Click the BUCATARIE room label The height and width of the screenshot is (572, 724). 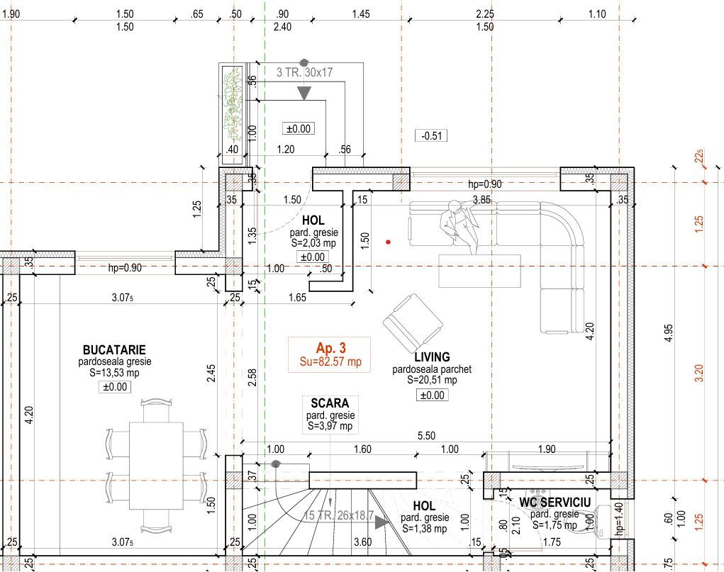(114, 349)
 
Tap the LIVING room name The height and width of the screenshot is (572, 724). (432, 357)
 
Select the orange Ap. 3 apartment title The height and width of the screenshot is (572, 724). (330, 347)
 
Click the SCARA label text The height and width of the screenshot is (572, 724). (330, 403)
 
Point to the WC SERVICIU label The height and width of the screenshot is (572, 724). (555, 503)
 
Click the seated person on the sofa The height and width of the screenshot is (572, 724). (459, 227)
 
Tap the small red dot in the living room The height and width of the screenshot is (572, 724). (389, 242)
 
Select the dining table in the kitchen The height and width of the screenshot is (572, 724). (156, 466)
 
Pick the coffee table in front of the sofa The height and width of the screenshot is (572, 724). (480, 271)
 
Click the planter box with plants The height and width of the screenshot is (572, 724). (233, 114)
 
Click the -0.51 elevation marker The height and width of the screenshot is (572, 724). (431, 135)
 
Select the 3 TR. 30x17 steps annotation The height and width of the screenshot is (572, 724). (304, 72)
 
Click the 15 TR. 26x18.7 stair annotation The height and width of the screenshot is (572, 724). (338, 515)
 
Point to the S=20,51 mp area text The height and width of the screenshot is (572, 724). (432, 380)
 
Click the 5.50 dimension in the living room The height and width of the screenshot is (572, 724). (426, 435)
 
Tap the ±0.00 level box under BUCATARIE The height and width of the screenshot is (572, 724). (114, 387)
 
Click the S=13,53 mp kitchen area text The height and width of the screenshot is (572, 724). (114, 373)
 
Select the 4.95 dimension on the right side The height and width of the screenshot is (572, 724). (669, 333)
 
